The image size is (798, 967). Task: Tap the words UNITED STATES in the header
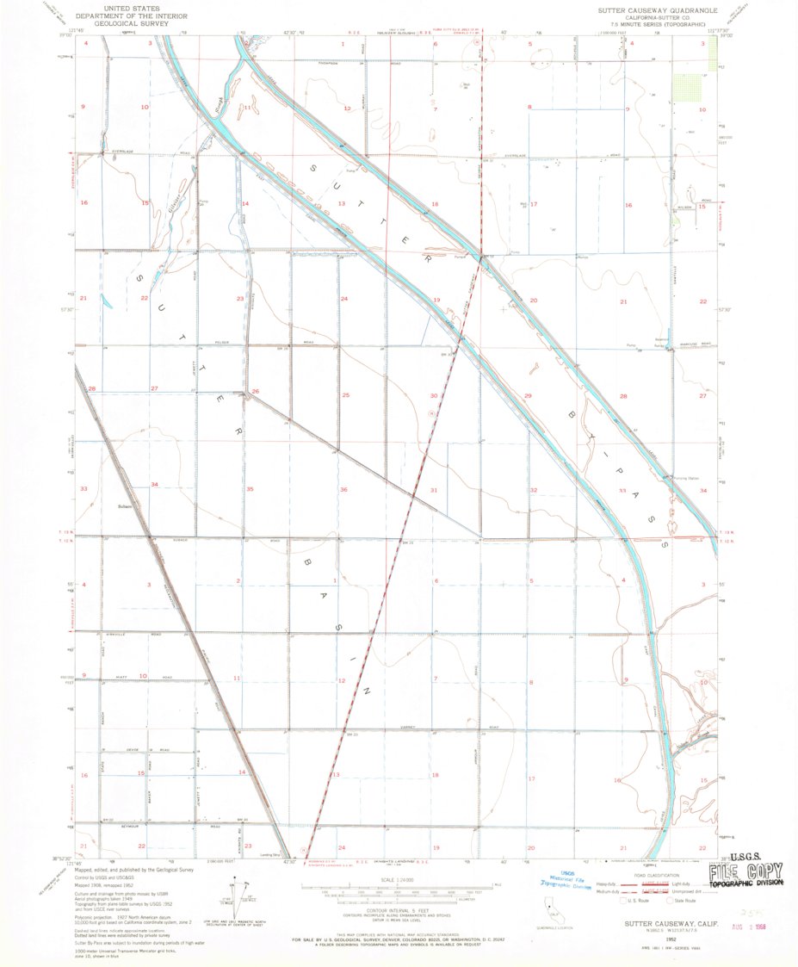tap(118, 6)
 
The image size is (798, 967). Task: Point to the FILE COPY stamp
tap(746, 875)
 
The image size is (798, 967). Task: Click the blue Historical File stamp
tap(566, 877)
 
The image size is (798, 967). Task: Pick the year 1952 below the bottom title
tap(659, 931)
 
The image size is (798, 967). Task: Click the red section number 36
tap(343, 489)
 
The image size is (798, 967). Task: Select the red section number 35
tap(250, 489)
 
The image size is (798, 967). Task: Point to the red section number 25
tap(345, 394)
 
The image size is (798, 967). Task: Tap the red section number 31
tap(434, 490)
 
